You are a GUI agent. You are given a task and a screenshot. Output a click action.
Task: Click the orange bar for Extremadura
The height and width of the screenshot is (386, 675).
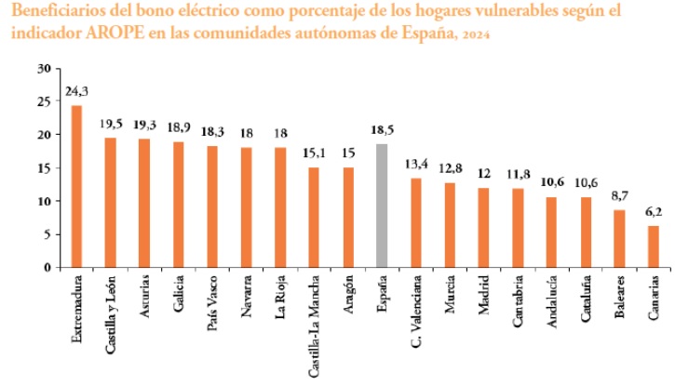[x=76, y=186]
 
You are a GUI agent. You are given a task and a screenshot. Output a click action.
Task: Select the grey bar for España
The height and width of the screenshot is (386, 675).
[x=381, y=206]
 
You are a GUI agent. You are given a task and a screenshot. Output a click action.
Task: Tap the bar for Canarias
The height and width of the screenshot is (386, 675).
[x=653, y=246]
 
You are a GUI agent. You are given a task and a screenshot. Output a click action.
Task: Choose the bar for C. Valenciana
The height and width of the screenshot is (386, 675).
[x=415, y=222]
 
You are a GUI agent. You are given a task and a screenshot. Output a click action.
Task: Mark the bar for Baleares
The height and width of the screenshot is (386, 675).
[x=619, y=238]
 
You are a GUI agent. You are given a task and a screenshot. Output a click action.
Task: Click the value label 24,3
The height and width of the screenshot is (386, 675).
[x=76, y=92]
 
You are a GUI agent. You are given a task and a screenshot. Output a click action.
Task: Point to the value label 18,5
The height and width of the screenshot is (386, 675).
[x=381, y=131]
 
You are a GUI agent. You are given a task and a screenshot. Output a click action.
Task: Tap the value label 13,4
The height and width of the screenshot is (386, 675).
[x=415, y=165]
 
